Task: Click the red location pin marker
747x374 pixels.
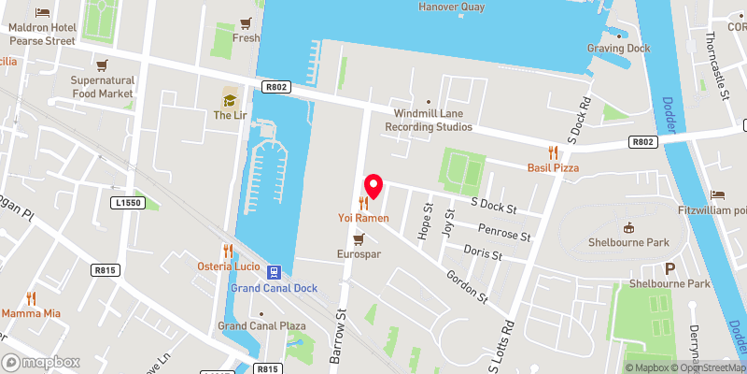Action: [x=373, y=184]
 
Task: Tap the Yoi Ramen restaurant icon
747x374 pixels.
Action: [x=363, y=203]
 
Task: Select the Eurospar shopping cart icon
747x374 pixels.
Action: [x=359, y=239]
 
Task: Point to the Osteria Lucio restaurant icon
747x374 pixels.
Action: [x=228, y=251]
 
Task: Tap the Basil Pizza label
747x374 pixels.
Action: [x=553, y=167]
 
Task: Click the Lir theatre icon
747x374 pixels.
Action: [x=230, y=98]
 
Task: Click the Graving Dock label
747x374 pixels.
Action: [x=618, y=49]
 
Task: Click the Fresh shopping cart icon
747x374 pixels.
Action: [x=246, y=23]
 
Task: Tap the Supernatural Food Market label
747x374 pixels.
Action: [x=103, y=87]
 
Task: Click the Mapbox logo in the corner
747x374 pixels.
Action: [x=41, y=362]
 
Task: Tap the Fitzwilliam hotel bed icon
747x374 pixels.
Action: [x=717, y=194]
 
